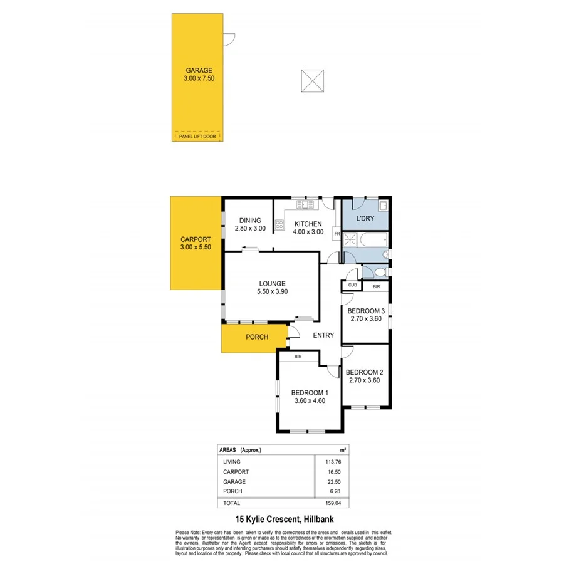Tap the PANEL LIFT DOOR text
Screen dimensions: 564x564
[198, 135]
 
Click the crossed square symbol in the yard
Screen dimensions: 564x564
[313, 81]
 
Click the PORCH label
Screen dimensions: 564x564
[257, 337]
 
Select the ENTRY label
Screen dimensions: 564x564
[323, 335]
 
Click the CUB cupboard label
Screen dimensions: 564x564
[352, 286]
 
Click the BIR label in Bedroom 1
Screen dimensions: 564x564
[299, 357]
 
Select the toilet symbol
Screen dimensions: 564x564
[379, 272]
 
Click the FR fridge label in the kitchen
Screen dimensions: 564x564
[337, 234]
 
